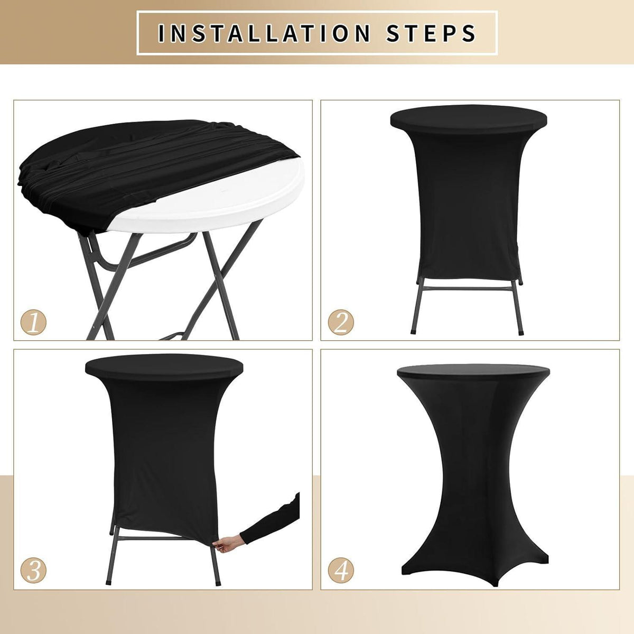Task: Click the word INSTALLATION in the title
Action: pyautogui.click(x=264, y=33)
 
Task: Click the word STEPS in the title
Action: pyautogui.click(x=431, y=33)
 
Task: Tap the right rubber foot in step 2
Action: pyautogui.click(x=520, y=333)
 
